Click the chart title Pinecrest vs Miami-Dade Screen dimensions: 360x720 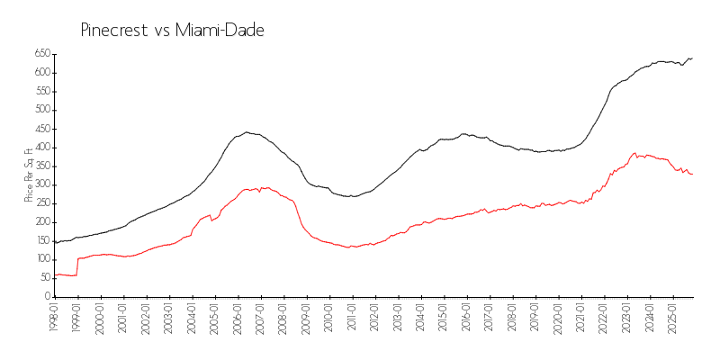[x=173, y=31]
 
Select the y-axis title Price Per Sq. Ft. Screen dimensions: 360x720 [x=30, y=175]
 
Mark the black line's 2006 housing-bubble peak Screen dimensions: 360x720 [x=247, y=132]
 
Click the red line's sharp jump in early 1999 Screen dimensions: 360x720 [x=77, y=266]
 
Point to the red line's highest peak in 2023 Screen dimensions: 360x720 [x=634, y=153]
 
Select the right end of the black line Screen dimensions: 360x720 [x=692, y=58]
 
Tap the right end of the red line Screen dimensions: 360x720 [x=692, y=174]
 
